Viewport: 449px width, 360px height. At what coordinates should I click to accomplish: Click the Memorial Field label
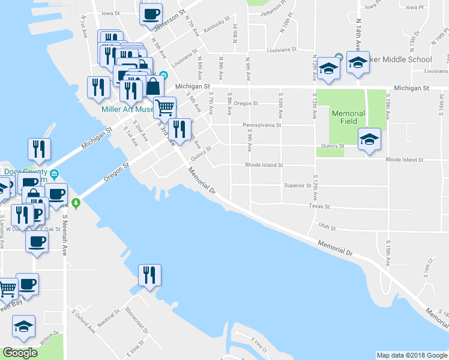pyautogui.click(x=348, y=118)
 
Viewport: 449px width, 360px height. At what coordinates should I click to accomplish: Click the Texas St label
pyautogui.click(x=319, y=206)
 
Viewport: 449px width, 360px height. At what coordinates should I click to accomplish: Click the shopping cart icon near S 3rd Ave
pyautogui.click(x=164, y=108)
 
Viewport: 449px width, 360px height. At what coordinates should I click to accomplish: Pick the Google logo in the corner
pyautogui.click(x=20, y=353)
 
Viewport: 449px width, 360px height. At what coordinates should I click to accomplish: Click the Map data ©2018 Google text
pyautogui.click(x=411, y=355)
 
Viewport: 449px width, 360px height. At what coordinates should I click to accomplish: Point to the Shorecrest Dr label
pyautogui.click(x=137, y=319)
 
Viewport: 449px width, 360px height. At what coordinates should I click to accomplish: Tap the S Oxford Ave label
pyautogui.click(x=83, y=321)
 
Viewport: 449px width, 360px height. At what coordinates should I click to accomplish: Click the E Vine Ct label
pyautogui.click(x=259, y=344)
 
